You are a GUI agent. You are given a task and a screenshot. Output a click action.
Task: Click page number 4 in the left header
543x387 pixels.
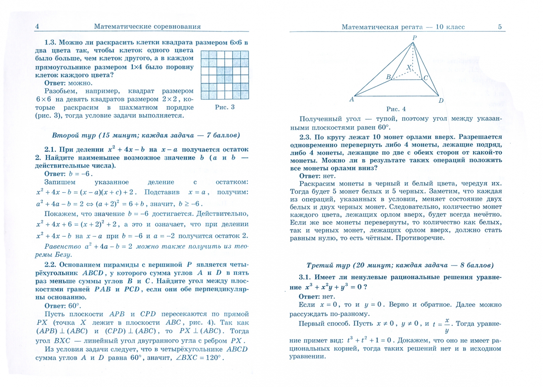[37, 27]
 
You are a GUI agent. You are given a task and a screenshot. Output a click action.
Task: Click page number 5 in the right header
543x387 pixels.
[500, 27]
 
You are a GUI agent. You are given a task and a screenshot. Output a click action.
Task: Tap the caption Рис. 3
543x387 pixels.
[224, 107]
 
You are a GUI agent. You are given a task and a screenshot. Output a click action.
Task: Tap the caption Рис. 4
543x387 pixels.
[396, 109]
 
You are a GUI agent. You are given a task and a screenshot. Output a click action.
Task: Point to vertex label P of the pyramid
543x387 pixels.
[414, 38]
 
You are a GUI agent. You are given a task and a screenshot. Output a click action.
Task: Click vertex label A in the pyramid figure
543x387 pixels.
[352, 100]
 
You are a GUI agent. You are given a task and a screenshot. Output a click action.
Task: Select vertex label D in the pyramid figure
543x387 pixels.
[441, 101]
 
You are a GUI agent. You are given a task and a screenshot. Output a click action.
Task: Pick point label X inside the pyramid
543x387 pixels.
[409, 67]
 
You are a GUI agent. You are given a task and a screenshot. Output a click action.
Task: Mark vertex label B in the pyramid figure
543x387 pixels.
[388, 77]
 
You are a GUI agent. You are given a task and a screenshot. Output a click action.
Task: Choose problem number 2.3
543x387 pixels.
[305, 137]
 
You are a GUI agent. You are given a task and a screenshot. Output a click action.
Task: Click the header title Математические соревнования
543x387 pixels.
[147, 27]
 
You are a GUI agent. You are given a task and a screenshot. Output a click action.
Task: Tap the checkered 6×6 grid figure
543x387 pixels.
[224, 75]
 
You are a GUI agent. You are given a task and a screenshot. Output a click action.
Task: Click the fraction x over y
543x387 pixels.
[447, 325]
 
